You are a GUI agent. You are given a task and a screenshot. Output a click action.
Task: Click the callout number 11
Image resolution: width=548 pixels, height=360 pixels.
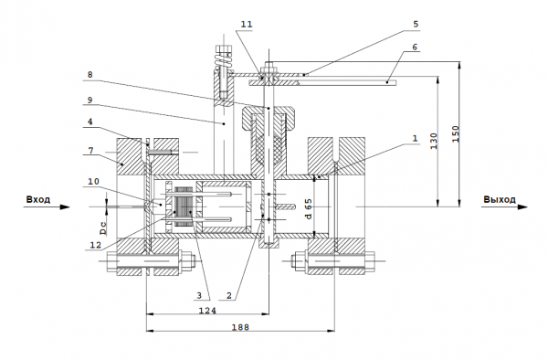click(x=247, y=24)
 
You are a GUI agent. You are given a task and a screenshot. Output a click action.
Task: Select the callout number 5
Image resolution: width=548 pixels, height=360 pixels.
click(x=416, y=24)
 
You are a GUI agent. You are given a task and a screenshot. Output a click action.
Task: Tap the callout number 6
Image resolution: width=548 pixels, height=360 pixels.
click(x=415, y=47)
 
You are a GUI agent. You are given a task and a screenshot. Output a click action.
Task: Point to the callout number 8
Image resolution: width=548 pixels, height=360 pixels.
click(x=90, y=74)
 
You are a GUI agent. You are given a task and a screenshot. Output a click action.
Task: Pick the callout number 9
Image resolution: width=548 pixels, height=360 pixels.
click(x=90, y=100)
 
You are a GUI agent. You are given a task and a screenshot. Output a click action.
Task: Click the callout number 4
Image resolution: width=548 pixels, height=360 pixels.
click(x=90, y=122)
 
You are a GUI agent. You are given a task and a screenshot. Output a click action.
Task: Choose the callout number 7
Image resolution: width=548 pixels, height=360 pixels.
click(x=90, y=150)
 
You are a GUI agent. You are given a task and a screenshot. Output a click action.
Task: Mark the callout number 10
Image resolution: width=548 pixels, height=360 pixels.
click(x=94, y=182)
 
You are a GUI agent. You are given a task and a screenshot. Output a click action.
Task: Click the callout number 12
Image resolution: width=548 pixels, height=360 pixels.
click(x=95, y=245)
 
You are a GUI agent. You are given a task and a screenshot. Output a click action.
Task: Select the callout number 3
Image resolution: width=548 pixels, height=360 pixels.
click(x=199, y=295)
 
